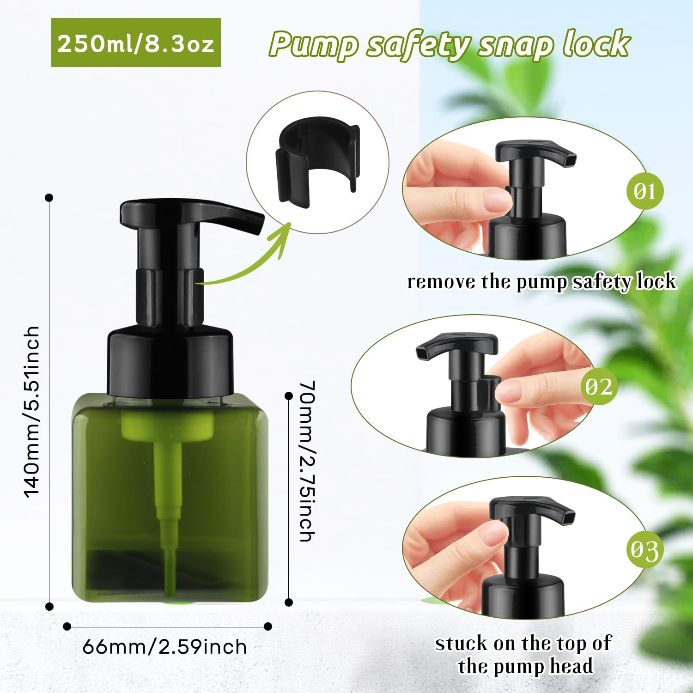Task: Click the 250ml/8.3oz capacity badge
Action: click(x=136, y=43)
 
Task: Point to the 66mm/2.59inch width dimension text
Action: click(x=164, y=647)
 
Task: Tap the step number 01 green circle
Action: click(x=644, y=190)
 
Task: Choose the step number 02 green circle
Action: click(x=599, y=386)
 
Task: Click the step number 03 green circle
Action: click(x=644, y=550)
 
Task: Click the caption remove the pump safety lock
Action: click(x=541, y=282)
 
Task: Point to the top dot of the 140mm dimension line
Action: click(x=49, y=198)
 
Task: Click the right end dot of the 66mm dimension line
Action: click(x=267, y=626)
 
